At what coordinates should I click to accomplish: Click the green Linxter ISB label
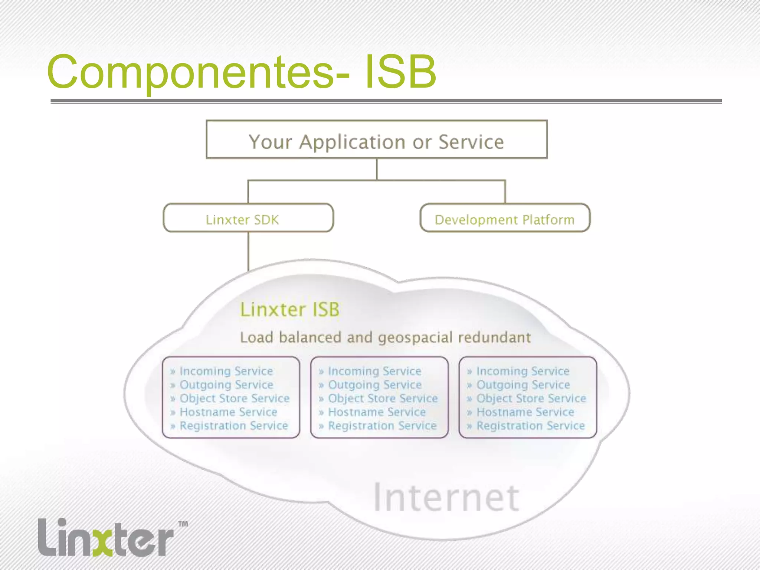(289, 309)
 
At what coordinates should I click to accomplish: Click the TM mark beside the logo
(183, 524)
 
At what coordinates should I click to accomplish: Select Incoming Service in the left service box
(226, 371)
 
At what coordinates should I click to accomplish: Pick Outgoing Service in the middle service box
(375, 385)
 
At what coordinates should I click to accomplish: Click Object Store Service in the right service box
(531, 399)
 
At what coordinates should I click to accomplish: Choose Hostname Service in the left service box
(228, 412)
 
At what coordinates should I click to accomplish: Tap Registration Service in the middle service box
(382, 426)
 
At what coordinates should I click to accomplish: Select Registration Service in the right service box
(530, 426)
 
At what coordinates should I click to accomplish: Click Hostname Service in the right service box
(525, 412)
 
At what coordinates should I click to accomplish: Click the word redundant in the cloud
(494, 337)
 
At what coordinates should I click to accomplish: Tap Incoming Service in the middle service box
(374, 371)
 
